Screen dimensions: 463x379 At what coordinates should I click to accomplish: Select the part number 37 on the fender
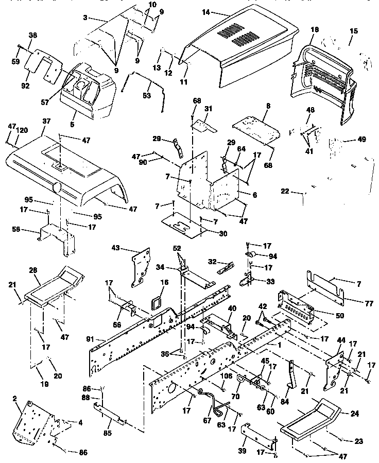click(x=46, y=121)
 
